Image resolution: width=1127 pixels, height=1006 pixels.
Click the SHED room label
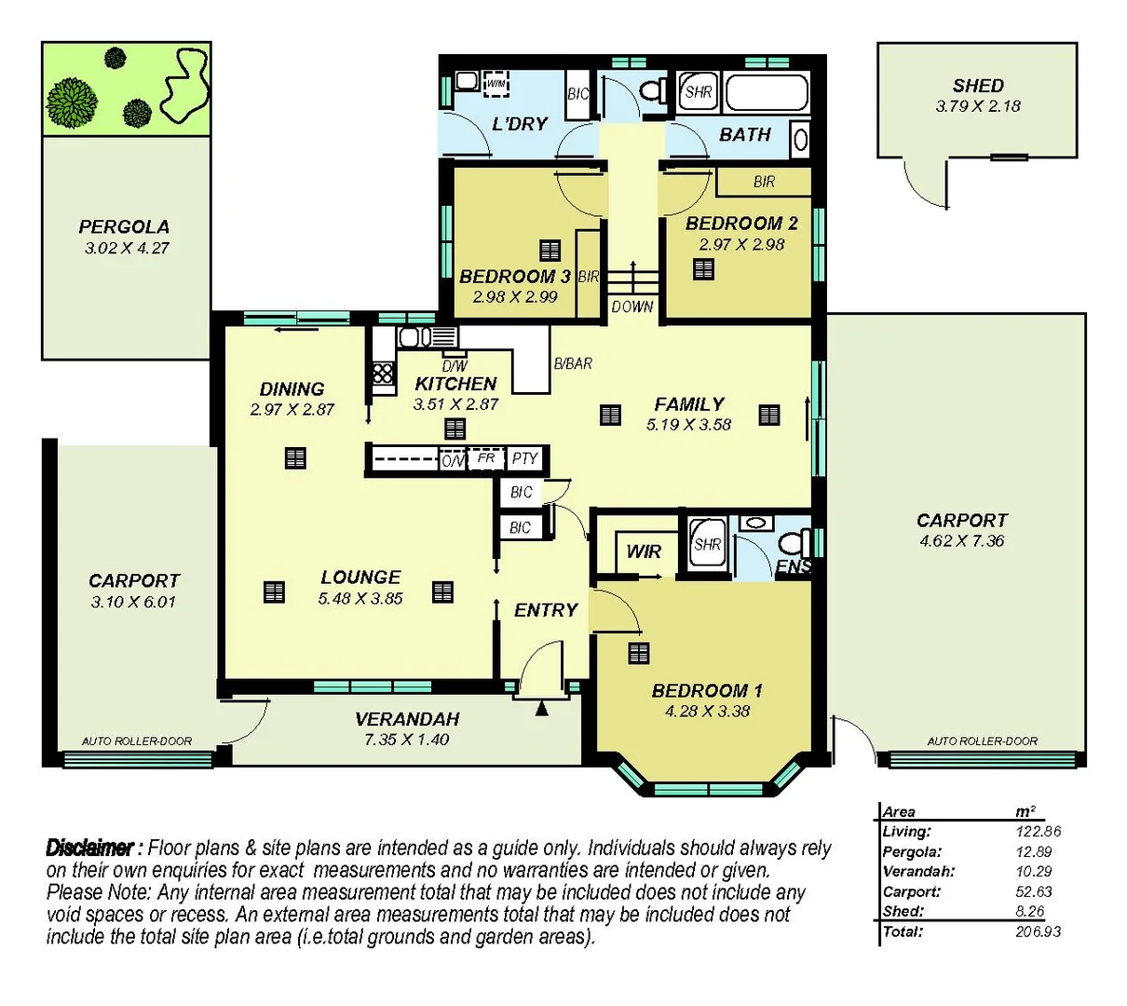pyautogui.click(x=977, y=86)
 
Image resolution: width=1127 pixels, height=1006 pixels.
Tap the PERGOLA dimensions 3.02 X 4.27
pyautogui.click(x=127, y=249)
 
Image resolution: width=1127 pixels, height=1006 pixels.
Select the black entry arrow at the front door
pyautogui.click(x=542, y=710)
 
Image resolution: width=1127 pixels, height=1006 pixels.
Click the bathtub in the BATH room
pyautogui.click(x=766, y=93)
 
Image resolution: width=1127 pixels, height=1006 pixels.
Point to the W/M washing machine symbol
pyautogui.click(x=496, y=84)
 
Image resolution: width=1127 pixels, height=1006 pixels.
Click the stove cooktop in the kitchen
pyautogui.click(x=383, y=374)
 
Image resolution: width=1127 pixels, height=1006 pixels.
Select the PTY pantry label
pyautogui.click(x=524, y=458)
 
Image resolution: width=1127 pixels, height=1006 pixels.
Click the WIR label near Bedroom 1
pyautogui.click(x=643, y=551)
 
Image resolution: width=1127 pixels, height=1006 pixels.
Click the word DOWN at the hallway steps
pyautogui.click(x=632, y=306)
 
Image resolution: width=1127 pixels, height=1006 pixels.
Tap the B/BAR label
pyautogui.click(x=573, y=363)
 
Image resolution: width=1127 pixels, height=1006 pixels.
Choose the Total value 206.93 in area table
pyautogui.click(x=1038, y=931)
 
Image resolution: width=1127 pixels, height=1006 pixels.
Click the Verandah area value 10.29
pyautogui.click(x=1034, y=872)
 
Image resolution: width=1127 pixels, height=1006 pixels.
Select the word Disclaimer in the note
pyautogui.click(x=90, y=848)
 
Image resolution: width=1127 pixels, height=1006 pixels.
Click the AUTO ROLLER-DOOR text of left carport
pyautogui.click(x=137, y=741)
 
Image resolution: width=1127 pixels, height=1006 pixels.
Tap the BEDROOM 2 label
pyautogui.click(x=741, y=224)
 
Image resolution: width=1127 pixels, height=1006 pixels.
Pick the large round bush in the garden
pyautogui.click(x=72, y=102)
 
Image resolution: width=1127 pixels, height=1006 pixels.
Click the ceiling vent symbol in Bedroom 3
pyautogui.click(x=550, y=250)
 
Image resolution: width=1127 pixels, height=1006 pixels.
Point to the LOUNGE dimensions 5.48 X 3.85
pyautogui.click(x=360, y=599)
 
